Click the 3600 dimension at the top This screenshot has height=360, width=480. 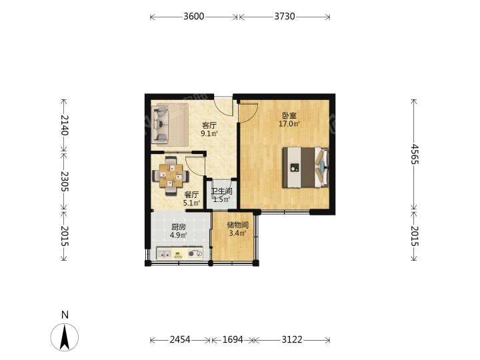click(194, 16)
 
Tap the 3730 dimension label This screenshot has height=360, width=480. click(285, 16)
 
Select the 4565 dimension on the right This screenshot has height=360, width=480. click(414, 154)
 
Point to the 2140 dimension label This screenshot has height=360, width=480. click(64, 125)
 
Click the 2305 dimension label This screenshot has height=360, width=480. click(64, 181)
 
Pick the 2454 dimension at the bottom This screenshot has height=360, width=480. click(180, 339)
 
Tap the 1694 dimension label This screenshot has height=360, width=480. click(233, 339)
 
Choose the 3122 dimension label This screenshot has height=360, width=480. click(292, 339)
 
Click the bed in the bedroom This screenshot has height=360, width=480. click(305, 167)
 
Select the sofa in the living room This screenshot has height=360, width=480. click(161, 125)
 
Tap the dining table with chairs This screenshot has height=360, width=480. click(171, 176)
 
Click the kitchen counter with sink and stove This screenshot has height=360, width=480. click(180, 253)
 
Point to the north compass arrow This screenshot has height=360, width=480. click(65, 337)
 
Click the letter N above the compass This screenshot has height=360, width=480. click(65, 315)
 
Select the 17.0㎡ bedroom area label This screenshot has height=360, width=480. click(289, 124)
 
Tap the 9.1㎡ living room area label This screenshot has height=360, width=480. click(209, 133)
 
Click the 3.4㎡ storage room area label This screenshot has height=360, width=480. click(237, 233)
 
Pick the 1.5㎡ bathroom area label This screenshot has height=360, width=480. click(221, 200)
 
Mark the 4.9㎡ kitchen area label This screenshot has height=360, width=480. click(179, 235)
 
